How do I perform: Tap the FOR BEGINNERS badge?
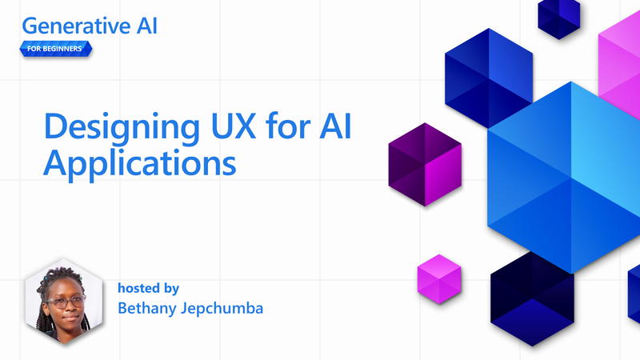pos(55,49)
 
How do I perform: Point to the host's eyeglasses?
pos(65,302)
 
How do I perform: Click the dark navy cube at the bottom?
pos(532,296)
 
